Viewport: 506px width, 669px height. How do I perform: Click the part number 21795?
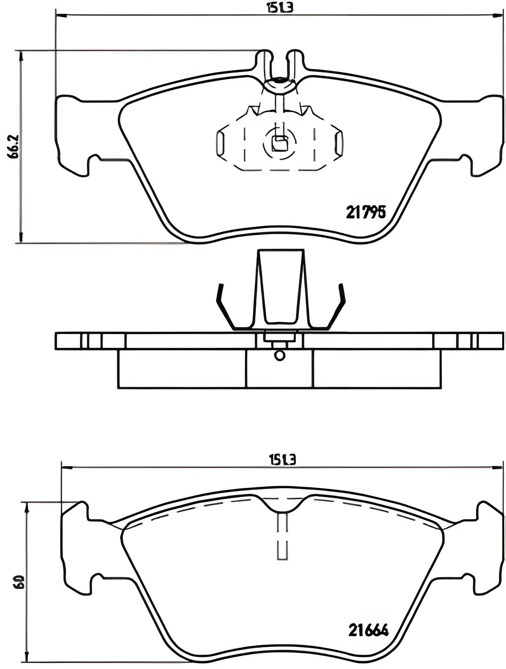pyautogui.click(x=366, y=212)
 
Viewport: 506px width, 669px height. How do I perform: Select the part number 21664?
pyautogui.click(x=368, y=629)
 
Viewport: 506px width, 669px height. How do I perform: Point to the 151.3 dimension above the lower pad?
pyautogui.click(x=282, y=459)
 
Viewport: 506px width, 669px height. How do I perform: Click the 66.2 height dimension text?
pyautogui.click(x=13, y=146)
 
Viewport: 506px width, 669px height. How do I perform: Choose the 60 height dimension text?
pyautogui.click(x=19, y=582)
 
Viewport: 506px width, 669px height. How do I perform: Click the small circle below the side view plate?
pyautogui.click(x=280, y=355)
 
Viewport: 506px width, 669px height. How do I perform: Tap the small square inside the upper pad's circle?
pyautogui.click(x=279, y=143)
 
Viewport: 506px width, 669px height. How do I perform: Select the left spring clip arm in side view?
pyautogui.click(x=226, y=308)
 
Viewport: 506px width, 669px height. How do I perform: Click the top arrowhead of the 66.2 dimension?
pyautogui.click(x=20, y=55)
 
